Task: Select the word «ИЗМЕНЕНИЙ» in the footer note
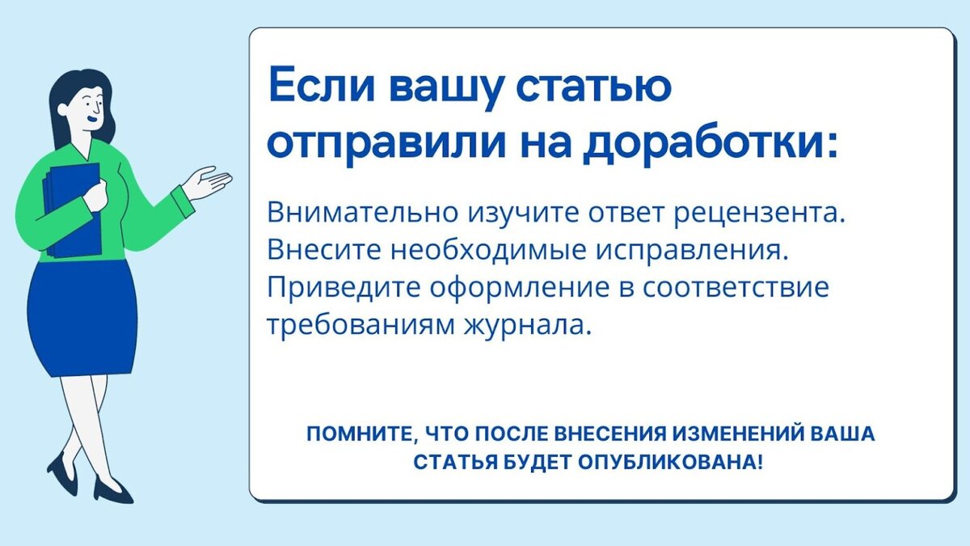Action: (x=743, y=434)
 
